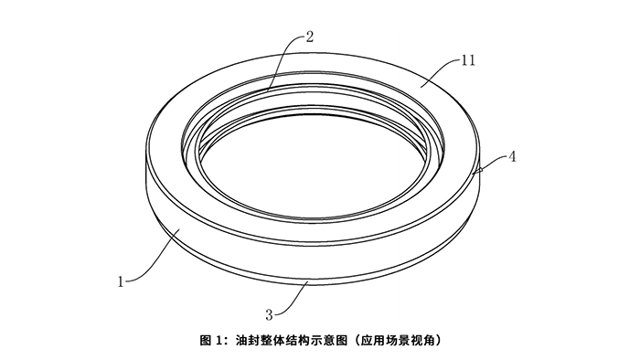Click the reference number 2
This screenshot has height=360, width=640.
point(310,37)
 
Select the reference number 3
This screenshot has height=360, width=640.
point(269,314)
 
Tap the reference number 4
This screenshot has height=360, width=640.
point(513,156)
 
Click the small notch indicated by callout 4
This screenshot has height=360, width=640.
point(477,170)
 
